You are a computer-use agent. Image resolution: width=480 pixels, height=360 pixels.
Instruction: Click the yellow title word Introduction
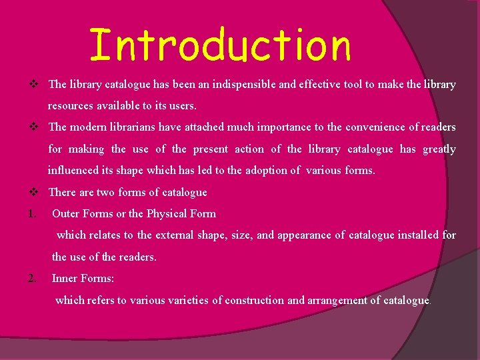click(220, 46)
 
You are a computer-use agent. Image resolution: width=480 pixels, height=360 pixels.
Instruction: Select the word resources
click(70, 105)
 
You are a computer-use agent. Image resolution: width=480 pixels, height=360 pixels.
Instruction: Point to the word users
click(183, 105)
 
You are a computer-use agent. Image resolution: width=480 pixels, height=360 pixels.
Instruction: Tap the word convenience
click(366, 127)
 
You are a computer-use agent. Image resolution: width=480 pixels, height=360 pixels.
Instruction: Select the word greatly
click(439, 149)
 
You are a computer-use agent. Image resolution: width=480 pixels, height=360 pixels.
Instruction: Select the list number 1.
click(33, 214)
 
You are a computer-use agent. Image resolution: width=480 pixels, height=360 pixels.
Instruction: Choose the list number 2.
click(33, 278)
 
